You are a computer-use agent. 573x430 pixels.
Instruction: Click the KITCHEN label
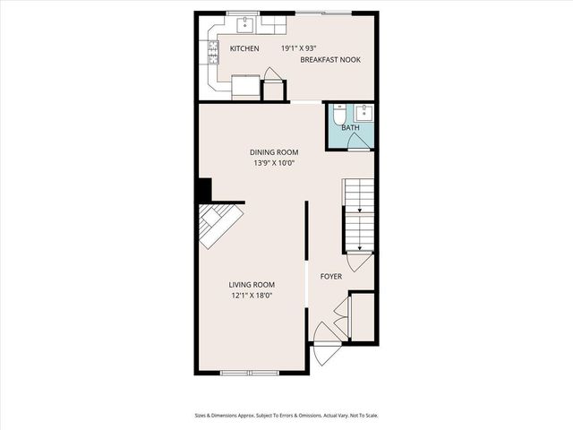coord(244,48)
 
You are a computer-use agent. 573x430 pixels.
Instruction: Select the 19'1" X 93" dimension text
coord(298,48)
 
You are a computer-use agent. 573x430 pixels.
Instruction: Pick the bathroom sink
coord(363,113)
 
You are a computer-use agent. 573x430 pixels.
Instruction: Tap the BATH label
coord(351,127)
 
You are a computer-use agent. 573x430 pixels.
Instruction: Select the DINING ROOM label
coord(274,151)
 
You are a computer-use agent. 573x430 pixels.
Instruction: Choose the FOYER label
coord(331,276)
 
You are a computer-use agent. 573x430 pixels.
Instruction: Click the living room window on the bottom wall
coord(251,372)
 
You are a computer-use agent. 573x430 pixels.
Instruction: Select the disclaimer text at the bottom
coord(286,415)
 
